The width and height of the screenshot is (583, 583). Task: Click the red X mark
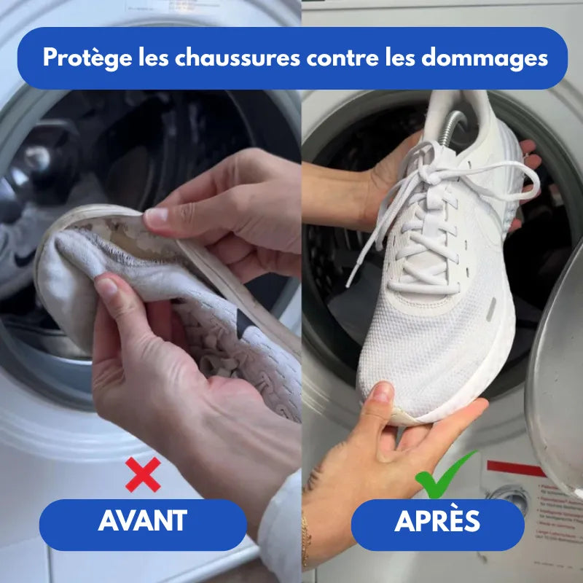coord(143,474)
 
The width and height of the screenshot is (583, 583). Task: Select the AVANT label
coord(143,521)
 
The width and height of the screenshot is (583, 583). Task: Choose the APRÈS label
coord(437,521)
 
